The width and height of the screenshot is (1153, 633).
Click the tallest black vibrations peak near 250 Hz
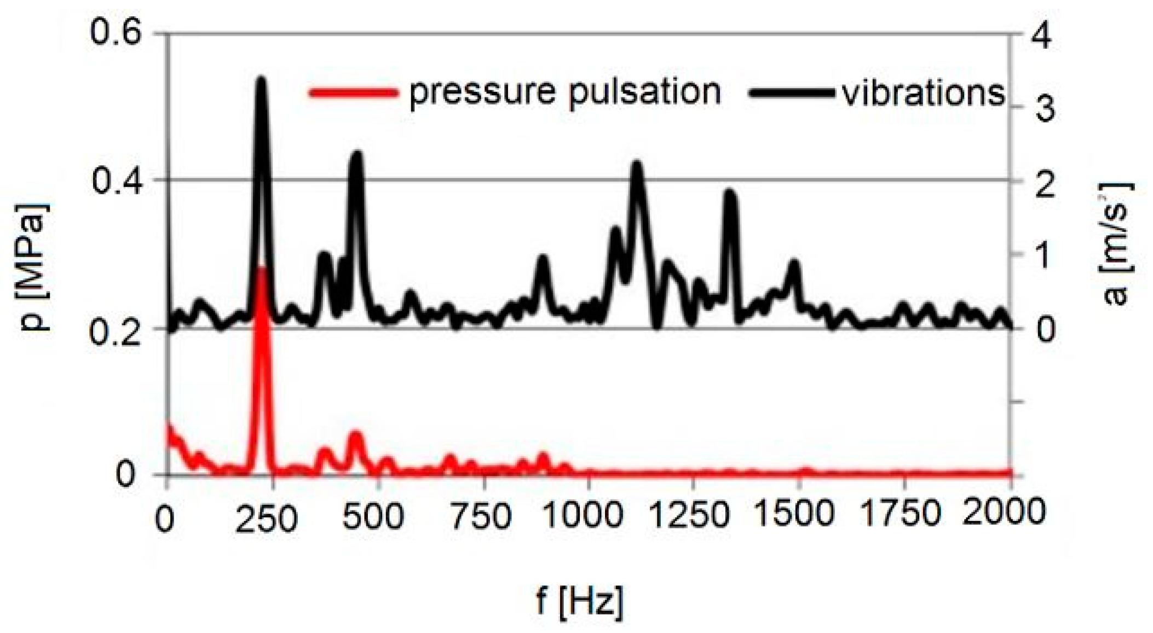(x=261, y=80)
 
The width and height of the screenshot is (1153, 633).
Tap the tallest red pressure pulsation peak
(x=262, y=269)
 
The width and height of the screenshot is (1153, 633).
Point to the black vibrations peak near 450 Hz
(x=356, y=154)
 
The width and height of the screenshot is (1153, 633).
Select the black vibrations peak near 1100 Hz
(x=636, y=164)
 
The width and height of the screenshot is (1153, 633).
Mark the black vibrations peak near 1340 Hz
(x=730, y=193)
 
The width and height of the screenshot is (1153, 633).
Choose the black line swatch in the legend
(x=791, y=92)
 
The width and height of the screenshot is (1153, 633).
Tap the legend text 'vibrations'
(x=923, y=94)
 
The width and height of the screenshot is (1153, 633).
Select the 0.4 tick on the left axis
(x=109, y=181)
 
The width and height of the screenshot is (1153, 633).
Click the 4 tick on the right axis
(x=1041, y=35)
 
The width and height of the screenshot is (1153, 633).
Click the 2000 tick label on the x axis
(x=1004, y=513)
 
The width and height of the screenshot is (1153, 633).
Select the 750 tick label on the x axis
(x=480, y=515)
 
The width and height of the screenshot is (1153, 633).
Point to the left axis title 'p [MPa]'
(x=36, y=266)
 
